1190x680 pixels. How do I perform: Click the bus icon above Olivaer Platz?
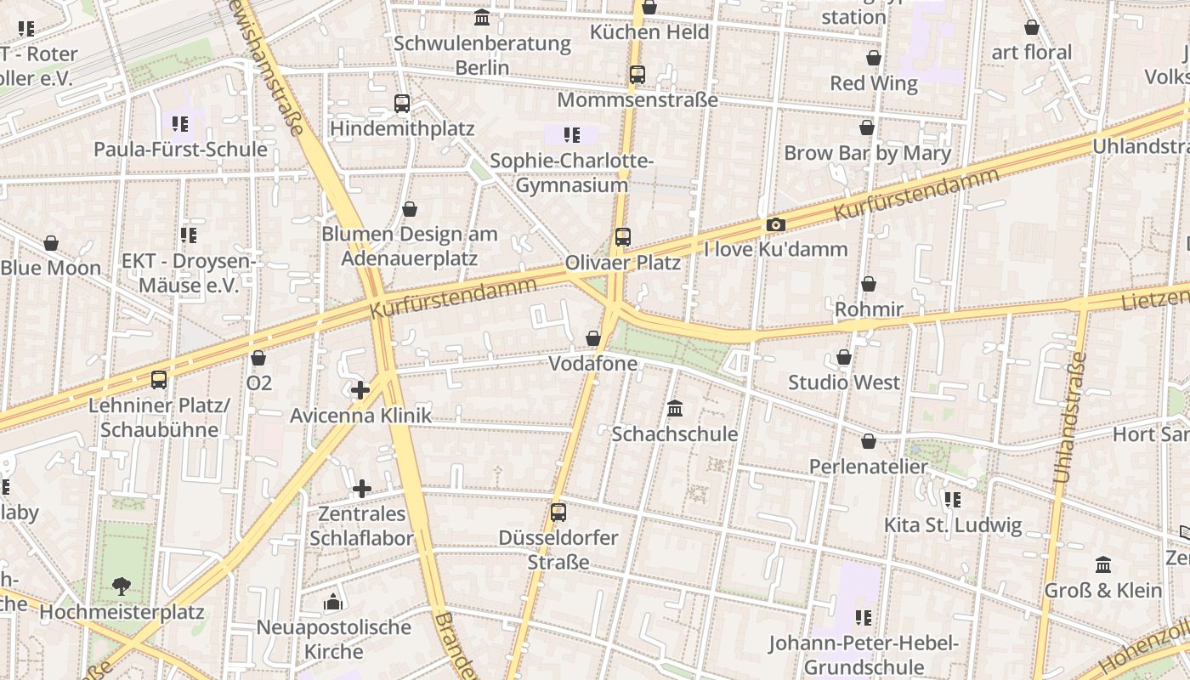point(623,237)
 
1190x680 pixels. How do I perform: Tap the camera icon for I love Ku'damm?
point(775,225)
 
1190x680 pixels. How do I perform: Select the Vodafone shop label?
point(593,364)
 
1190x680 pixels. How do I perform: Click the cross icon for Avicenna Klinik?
point(360,390)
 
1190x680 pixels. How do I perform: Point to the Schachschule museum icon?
point(675,409)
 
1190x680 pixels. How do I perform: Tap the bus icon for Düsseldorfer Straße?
point(558,513)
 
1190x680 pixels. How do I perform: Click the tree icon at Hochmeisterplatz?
point(122,586)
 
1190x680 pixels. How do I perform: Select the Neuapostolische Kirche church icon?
point(333,603)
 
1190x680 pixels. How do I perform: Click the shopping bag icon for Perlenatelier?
point(869,441)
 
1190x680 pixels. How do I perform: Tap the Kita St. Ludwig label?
point(953,525)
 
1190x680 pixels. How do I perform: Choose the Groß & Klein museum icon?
point(1103,564)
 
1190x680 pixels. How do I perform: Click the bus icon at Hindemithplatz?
point(402,104)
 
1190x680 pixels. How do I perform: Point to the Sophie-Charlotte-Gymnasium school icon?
point(572,134)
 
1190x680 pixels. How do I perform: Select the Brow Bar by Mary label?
point(867,154)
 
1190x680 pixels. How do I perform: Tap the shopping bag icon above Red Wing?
point(874,58)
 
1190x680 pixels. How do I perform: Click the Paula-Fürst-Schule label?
point(180,150)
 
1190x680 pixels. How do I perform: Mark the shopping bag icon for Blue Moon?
point(51,243)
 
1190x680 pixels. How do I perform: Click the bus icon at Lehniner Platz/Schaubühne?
point(159,379)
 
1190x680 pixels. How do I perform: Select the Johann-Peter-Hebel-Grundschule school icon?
point(864,617)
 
